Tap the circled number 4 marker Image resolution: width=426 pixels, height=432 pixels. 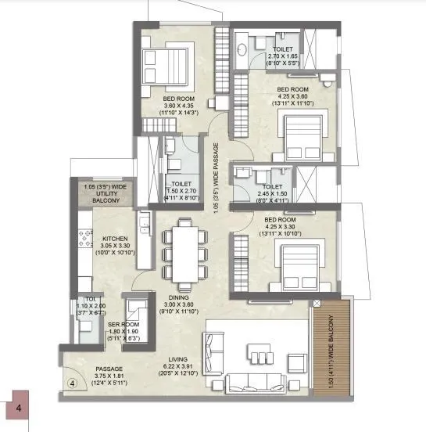click(72, 383)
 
